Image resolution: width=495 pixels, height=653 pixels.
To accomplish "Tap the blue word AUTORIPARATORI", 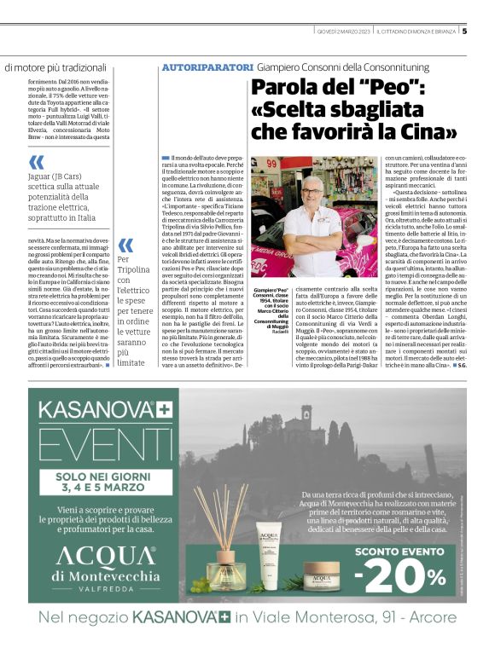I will point(207,67).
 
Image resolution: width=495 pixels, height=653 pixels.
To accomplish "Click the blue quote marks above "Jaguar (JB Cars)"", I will point(36,163).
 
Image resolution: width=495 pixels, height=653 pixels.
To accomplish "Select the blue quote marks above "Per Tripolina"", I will point(125,246).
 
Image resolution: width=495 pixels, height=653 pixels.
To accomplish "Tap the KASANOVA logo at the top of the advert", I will point(89,407).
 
